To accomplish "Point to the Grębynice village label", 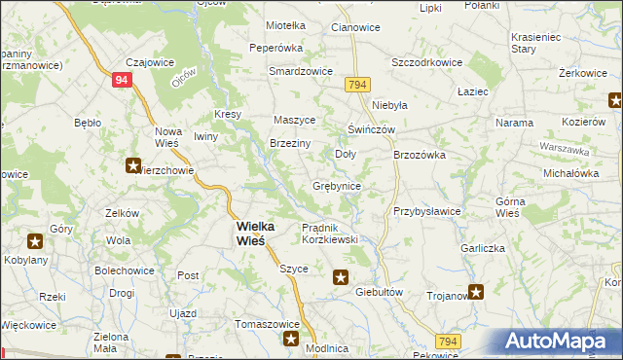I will click(x=338, y=185).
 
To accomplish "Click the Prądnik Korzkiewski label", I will click(x=331, y=233).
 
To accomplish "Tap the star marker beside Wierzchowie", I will click(x=132, y=166).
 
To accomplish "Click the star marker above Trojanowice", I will click(x=476, y=291).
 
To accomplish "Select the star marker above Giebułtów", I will click(x=341, y=277).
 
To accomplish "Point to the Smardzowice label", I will click(x=302, y=71).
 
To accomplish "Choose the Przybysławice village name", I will click(x=427, y=211).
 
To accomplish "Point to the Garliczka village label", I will click(x=484, y=247).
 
